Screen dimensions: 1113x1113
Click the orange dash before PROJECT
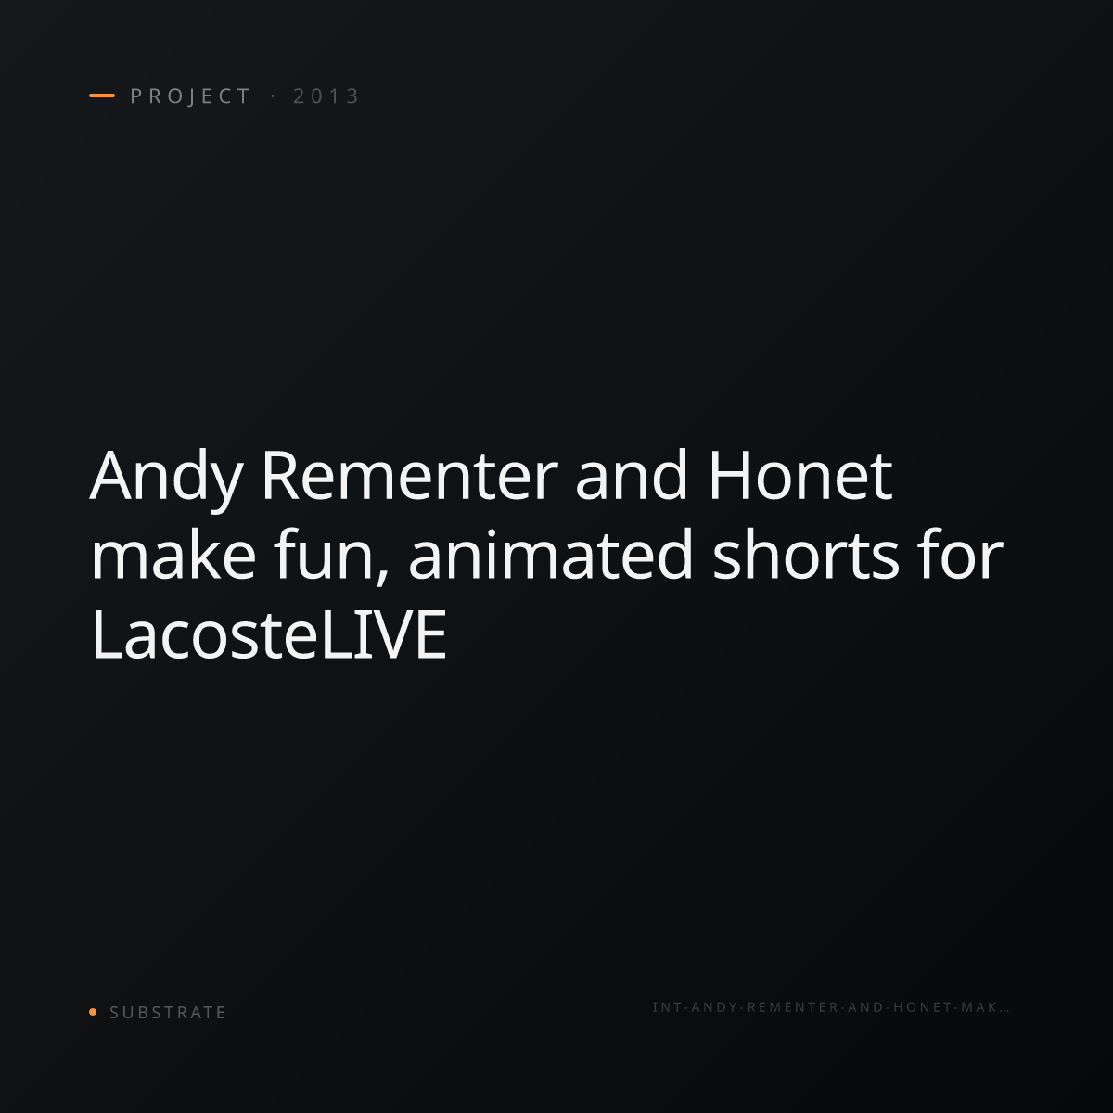(x=102, y=96)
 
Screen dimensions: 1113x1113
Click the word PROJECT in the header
(x=191, y=96)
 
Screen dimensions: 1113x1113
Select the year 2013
(x=326, y=96)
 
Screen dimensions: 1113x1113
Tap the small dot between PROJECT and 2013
(x=274, y=96)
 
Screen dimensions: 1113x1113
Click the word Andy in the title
(x=166, y=480)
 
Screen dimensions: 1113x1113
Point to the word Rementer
(x=410, y=477)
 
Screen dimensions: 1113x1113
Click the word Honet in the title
(x=800, y=477)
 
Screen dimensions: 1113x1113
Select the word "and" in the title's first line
(x=632, y=477)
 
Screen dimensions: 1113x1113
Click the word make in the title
(x=173, y=555)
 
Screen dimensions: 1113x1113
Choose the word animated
(x=550, y=555)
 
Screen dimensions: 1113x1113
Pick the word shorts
(x=806, y=555)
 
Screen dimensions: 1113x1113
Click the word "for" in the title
(x=961, y=555)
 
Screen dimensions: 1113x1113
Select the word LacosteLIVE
(x=269, y=634)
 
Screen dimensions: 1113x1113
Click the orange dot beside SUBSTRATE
(x=93, y=1012)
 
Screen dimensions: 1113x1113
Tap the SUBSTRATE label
(x=168, y=1013)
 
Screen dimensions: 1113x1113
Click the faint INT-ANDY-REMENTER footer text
(x=830, y=1007)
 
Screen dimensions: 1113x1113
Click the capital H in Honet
(x=729, y=476)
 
